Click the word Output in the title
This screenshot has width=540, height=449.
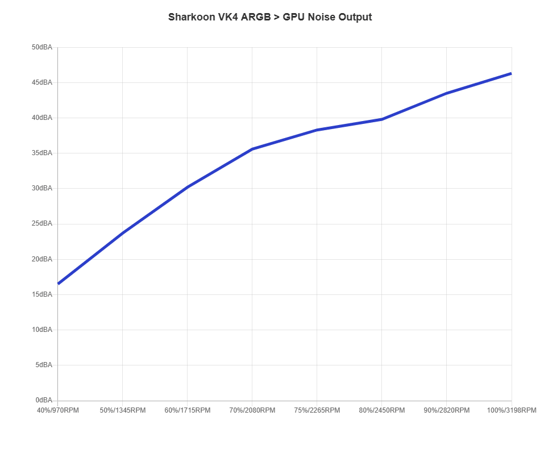coord(355,17)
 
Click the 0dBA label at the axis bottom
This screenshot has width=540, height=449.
coord(45,400)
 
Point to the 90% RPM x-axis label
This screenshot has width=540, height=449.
coord(446,409)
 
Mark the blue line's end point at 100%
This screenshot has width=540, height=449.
coord(511,73)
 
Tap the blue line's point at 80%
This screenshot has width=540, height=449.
coord(381,119)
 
